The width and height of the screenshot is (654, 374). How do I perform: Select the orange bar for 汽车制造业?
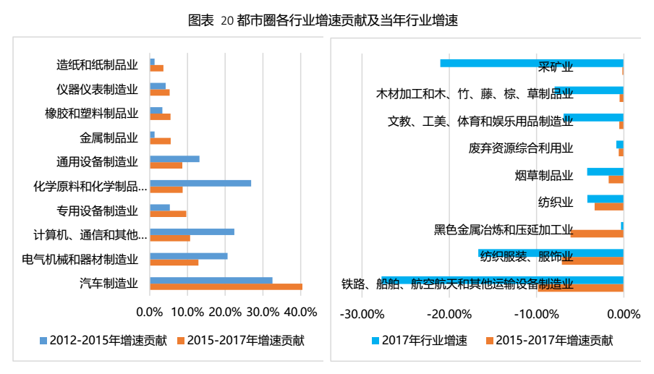226,287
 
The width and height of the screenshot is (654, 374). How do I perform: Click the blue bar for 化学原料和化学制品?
200,183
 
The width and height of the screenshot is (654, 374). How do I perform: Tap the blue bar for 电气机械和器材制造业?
188,256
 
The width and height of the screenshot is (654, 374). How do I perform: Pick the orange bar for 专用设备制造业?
168,213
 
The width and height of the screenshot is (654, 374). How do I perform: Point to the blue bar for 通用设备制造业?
174,158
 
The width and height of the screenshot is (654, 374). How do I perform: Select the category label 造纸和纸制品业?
97,65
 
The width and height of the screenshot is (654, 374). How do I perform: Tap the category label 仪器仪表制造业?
97,90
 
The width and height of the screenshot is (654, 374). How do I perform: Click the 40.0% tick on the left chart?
302,313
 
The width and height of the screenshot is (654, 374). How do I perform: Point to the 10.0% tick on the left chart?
187,313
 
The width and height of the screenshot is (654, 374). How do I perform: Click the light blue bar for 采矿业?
531,63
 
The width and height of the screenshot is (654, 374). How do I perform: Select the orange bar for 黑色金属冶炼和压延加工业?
597,234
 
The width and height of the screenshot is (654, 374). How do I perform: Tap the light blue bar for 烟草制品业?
605,171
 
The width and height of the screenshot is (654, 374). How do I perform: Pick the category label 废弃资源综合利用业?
521,148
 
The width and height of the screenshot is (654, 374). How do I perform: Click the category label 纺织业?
556,201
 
